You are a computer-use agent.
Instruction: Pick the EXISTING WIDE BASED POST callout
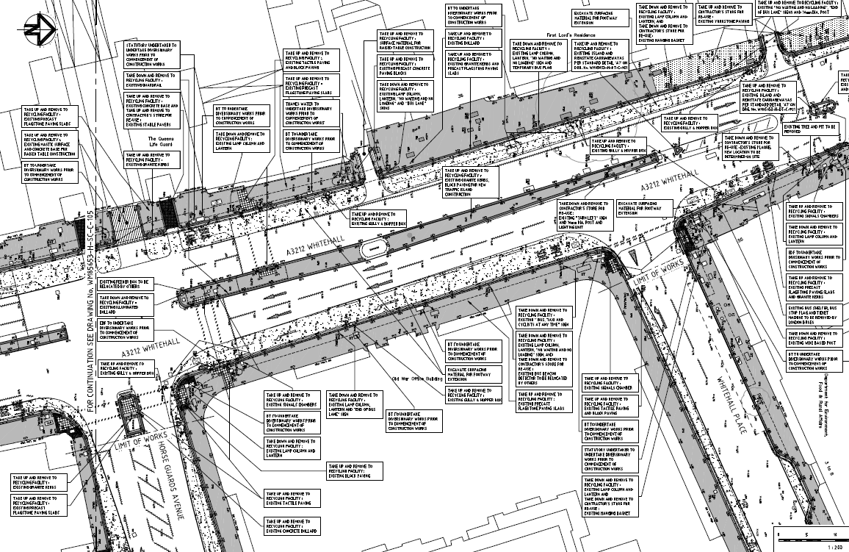[813, 339]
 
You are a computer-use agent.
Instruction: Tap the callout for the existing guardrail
[151, 80]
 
